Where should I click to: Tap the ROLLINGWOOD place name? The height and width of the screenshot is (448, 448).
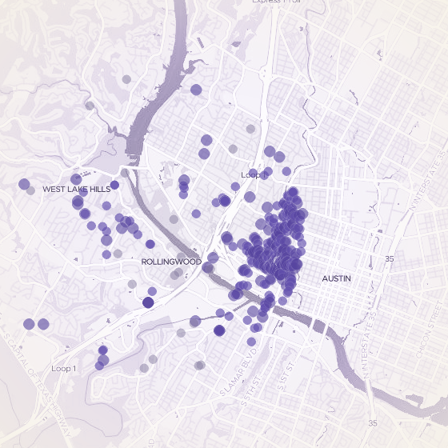[x=170, y=262]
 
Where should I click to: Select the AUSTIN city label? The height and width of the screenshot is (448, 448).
[x=336, y=278]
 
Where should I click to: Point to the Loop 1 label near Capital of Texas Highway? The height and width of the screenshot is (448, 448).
[x=63, y=368]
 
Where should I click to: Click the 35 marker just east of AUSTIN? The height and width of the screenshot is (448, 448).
[x=390, y=259]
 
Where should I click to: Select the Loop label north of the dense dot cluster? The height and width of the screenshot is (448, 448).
[x=250, y=174]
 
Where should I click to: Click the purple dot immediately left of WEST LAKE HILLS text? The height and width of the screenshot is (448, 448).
[x=24, y=183]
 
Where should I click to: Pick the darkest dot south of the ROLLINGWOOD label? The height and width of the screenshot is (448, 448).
[x=148, y=302]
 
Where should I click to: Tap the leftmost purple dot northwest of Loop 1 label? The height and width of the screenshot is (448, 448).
[x=29, y=324]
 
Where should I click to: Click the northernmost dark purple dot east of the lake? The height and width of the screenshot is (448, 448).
[x=196, y=90]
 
